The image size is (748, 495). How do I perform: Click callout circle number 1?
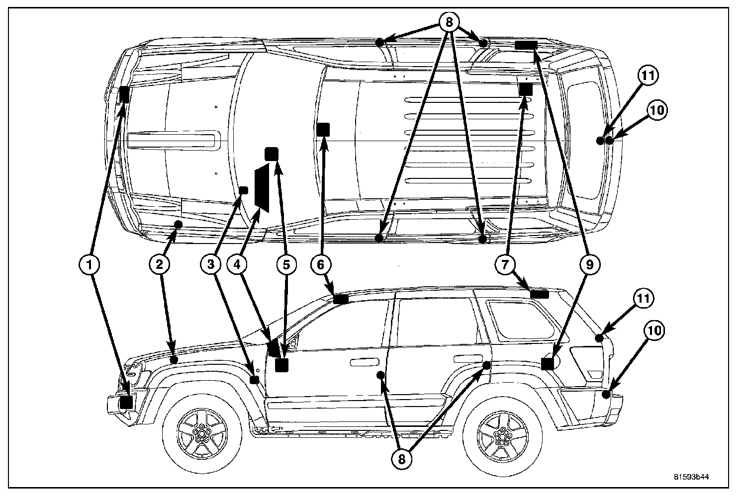click(90, 265)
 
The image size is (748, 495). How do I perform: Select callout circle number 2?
click(159, 265)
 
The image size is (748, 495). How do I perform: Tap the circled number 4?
click(237, 265)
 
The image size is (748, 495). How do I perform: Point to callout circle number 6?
click(320, 265)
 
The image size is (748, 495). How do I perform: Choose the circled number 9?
click(588, 265)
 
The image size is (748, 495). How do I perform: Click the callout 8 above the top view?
click(449, 22)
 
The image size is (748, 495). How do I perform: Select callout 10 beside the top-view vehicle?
click(656, 110)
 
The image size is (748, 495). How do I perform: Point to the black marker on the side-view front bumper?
click(126, 402)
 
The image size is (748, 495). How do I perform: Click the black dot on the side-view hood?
click(174, 359)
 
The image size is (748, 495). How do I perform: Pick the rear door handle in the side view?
click(464, 358)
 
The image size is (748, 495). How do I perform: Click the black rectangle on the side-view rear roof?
click(539, 294)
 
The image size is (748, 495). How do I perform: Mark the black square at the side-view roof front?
click(341, 299)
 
